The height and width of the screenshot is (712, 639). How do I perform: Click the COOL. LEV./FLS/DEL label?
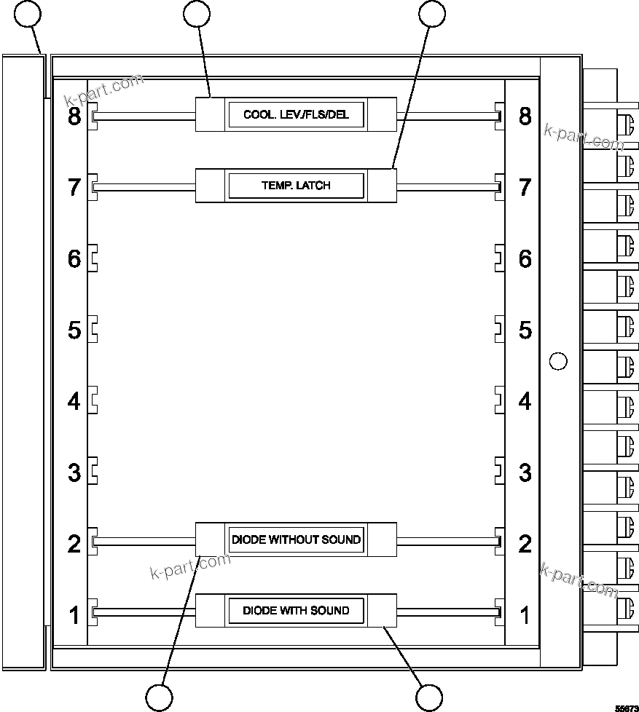pyautogui.click(x=296, y=115)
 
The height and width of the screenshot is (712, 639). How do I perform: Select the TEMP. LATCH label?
pyautogui.click(x=296, y=186)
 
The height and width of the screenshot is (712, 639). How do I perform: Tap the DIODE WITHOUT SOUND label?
pyautogui.click(x=296, y=539)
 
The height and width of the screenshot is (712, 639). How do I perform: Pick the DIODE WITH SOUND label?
pyautogui.click(x=296, y=610)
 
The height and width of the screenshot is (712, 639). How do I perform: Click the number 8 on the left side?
pyautogui.click(x=74, y=116)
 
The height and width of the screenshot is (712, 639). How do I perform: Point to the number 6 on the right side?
pyautogui.click(x=525, y=258)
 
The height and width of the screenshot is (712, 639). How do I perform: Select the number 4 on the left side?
pyautogui.click(x=74, y=401)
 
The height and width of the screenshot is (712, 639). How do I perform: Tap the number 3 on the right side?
pyautogui.click(x=525, y=472)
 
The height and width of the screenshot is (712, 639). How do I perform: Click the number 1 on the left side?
pyautogui.click(x=74, y=615)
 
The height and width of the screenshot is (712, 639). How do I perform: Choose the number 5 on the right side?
pyautogui.click(x=525, y=330)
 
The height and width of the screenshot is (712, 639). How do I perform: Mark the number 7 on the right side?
pyautogui.click(x=525, y=187)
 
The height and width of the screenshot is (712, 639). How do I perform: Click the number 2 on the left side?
pyautogui.click(x=74, y=544)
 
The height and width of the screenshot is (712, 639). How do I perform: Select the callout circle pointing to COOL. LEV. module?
pyautogui.click(x=197, y=13)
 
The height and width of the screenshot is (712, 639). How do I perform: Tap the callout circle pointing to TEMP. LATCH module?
pyautogui.click(x=431, y=12)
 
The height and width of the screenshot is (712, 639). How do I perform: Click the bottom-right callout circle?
pyautogui.click(x=429, y=697)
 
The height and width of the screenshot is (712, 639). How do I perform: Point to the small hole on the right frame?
pyautogui.click(x=557, y=360)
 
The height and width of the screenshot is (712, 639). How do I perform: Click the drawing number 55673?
pyautogui.click(x=626, y=707)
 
